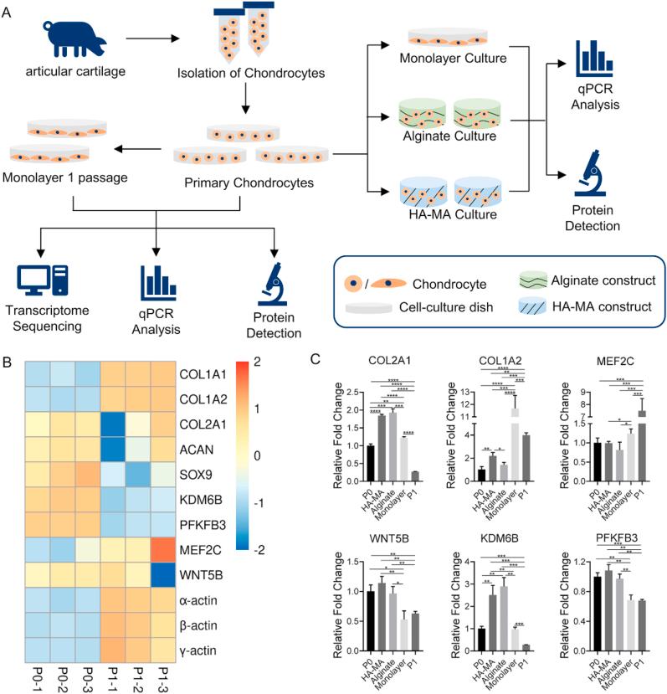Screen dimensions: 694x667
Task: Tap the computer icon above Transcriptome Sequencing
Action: (x=41, y=285)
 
